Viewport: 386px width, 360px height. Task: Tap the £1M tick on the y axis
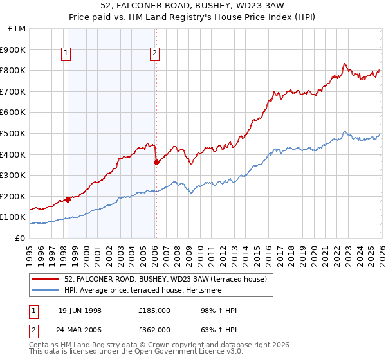(17, 29)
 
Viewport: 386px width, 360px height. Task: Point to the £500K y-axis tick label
(14, 133)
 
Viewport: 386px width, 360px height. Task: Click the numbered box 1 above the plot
(66, 54)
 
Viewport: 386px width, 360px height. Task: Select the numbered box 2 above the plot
(155, 54)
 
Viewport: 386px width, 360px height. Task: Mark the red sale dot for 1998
(68, 199)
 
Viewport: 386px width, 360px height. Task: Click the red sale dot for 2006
(156, 162)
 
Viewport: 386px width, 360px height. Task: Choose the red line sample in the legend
(46, 278)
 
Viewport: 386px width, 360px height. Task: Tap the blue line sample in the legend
(46, 289)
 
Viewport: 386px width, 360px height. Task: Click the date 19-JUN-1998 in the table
(80, 310)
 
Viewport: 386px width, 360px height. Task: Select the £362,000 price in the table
(154, 329)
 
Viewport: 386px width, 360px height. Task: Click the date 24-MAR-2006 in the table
(80, 329)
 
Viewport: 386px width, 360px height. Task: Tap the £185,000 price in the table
(154, 310)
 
